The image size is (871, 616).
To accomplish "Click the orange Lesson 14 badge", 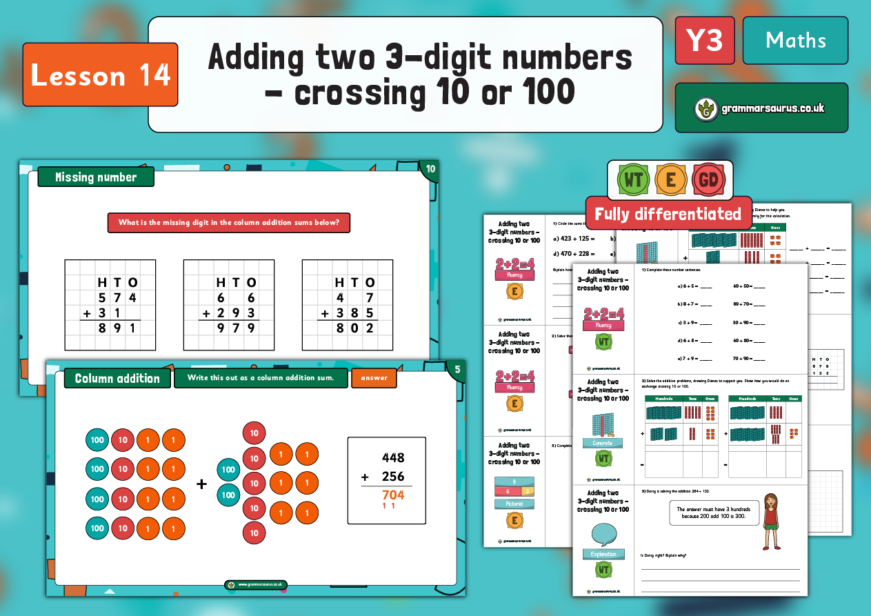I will [x=100, y=75].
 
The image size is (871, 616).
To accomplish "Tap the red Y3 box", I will [x=704, y=40].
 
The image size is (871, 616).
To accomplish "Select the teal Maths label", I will [x=795, y=40].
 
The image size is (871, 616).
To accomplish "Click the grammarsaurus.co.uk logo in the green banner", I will [x=761, y=108].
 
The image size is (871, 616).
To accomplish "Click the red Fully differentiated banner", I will [x=668, y=214].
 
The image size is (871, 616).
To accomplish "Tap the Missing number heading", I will [x=96, y=177].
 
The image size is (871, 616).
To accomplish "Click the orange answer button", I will [x=374, y=377].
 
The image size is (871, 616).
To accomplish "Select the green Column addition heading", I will [x=117, y=378].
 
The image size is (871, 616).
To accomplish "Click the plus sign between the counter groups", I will [x=201, y=484].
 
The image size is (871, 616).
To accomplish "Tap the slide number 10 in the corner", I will [x=430, y=169].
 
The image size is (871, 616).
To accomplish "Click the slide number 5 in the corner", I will [x=457, y=369].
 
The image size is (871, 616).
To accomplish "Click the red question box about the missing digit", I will [x=229, y=223].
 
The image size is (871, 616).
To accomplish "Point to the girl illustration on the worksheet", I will [x=770, y=520].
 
